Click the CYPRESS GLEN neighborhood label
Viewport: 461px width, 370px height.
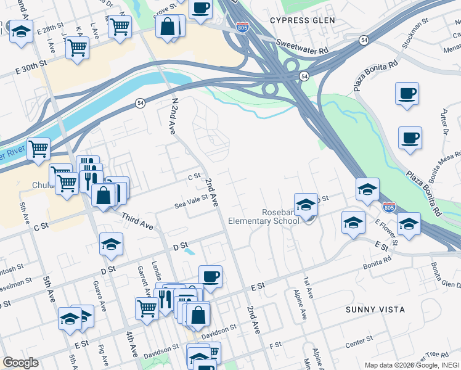[303, 20]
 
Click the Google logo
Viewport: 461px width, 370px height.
[20, 363]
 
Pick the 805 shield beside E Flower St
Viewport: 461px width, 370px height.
[389, 207]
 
